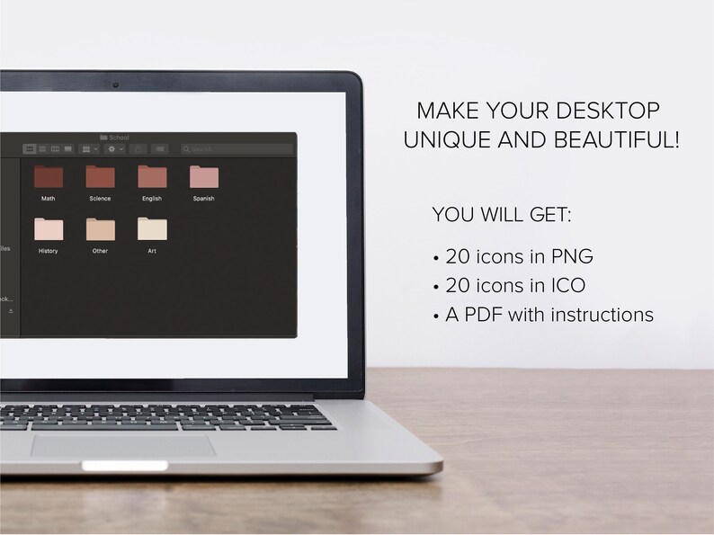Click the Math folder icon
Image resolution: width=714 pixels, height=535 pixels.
[48, 177]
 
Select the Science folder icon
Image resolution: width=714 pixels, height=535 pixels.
[100, 177]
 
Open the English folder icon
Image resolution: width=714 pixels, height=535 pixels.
[151, 177]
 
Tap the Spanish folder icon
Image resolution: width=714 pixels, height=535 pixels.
[203, 177]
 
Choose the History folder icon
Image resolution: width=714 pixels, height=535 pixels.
[48, 229]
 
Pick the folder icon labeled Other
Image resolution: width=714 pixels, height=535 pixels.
[100, 229]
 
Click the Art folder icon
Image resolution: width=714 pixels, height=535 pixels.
[151, 229]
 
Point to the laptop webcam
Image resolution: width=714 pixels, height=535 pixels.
[116, 85]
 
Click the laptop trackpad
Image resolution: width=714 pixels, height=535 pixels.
[123, 445]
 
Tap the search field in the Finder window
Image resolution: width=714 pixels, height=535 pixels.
[234, 148]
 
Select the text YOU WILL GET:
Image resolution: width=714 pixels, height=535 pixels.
[502, 216]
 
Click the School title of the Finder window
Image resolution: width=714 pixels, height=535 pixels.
[119, 138]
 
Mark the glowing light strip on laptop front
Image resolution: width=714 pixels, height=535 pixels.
[125, 466]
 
